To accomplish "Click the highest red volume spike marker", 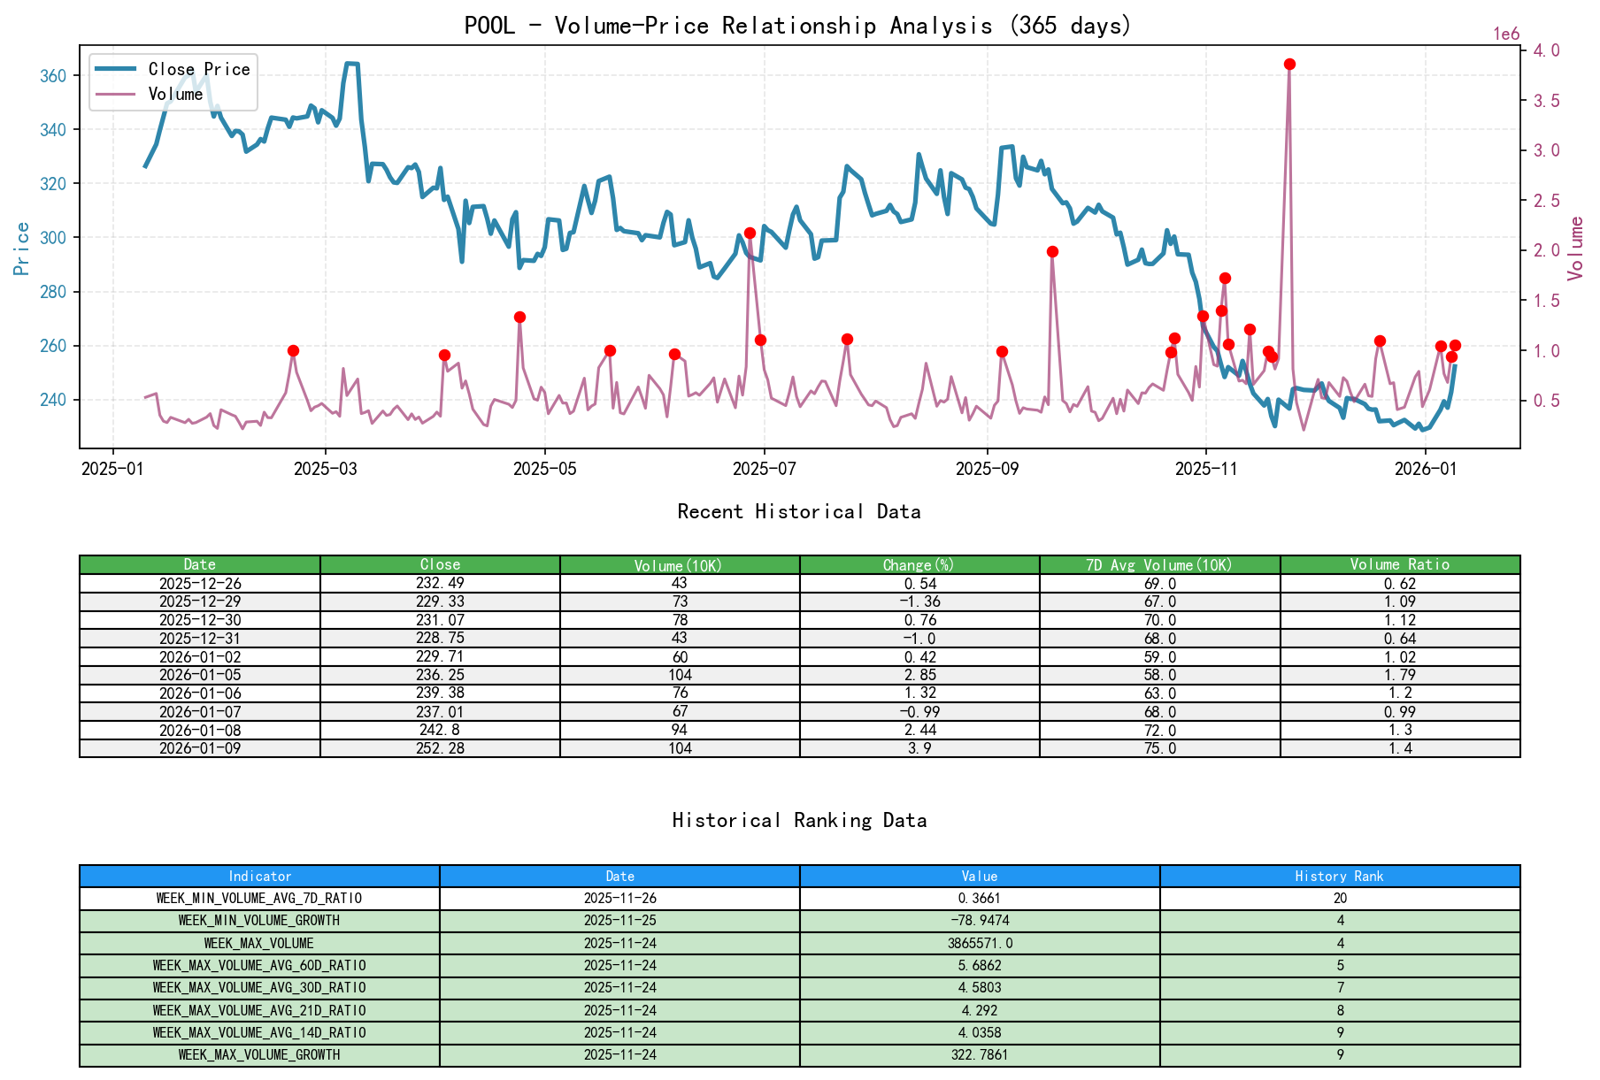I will [1289, 65].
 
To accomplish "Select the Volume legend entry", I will [175, 94].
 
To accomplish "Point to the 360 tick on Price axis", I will [53, 76].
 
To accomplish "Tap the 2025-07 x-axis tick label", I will [765, 469].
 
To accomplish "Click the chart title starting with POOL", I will [798, 26].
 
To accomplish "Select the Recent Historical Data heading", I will [798, 512].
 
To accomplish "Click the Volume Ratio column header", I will [1399, 564].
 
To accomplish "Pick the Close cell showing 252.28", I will [440, 748].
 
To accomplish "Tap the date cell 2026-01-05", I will [200, 675].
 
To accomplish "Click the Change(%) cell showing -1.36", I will [919, 601].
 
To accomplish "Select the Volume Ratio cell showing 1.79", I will [1399, 675].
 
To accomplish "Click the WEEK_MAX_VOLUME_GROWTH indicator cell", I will [259, 1054].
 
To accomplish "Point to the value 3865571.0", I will [980, 943].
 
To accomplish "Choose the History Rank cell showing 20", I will [1340, 898].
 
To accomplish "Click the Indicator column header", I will [259, 876].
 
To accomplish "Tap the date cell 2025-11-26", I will [619, 898].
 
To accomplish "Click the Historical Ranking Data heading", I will [798, 821].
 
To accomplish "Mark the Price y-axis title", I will [22, 249].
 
